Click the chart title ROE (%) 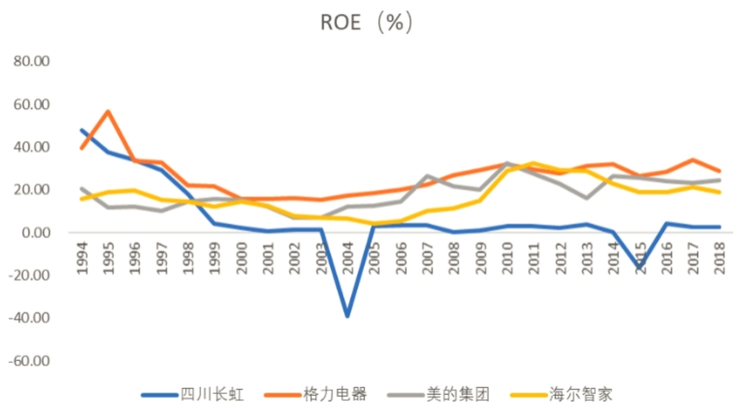[x=367, y=23]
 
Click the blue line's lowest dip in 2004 [x=348, y=316]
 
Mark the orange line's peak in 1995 [x=108, y=111]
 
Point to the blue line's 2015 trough [x=640, y=268]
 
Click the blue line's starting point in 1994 [x=82, y=130]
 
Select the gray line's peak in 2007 [x=428, y=176]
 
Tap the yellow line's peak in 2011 [x=534, y=163]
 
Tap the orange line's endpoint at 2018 [x=719, y=171]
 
